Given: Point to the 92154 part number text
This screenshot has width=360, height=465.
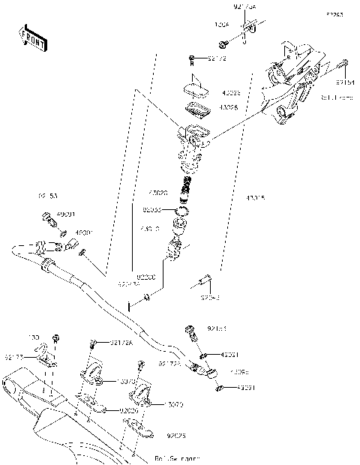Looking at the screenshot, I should [x=344, y=82].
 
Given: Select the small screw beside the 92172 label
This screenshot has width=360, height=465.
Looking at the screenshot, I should [x=193, y=58].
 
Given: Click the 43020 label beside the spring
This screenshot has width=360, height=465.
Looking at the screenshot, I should [x=158, y=193].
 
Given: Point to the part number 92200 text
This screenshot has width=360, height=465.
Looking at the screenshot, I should [x=146, y=276].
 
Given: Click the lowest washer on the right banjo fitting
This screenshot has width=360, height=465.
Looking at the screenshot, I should [x=220, y=387].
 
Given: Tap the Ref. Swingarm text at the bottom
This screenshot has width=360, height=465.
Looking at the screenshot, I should [x=177, y=457].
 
